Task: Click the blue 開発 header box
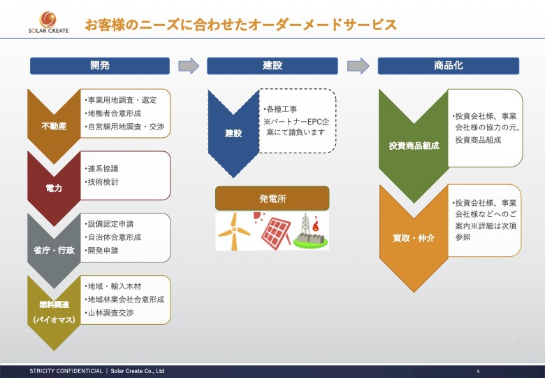point(99,66)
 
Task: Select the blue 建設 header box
point(272,66)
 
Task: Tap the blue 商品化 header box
point(448,66)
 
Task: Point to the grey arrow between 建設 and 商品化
point(358,66)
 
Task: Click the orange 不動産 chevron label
point(54,127)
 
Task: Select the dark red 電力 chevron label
point(54,188)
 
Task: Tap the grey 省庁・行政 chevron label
point(54,250)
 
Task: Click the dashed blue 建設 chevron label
point(233,133)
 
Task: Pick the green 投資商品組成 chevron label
point(414,146)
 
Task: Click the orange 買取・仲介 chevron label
point(414,238)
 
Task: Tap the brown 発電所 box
point(272,199)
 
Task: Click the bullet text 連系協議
point(102,169)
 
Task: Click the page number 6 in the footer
point(478,371)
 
